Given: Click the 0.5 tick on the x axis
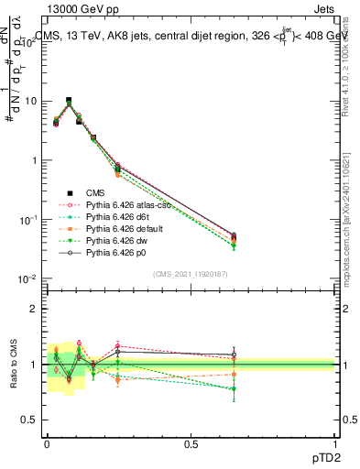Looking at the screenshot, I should click(x=191, y=445).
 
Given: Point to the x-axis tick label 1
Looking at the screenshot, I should click(x=335, y=445).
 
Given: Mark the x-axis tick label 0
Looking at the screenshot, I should click(x=47, y=445).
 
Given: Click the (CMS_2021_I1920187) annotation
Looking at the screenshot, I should click(x=191, y=274).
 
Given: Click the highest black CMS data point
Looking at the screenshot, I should click(x=69, y=101).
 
